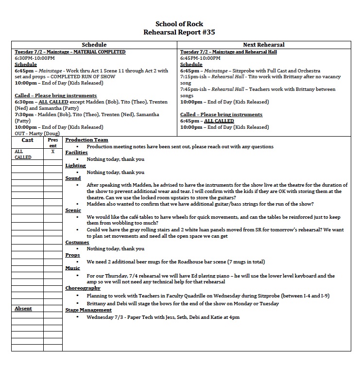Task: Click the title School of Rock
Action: tap(179, 24)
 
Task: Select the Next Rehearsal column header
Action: tap(264, 45)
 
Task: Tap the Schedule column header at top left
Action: tap(94, 45)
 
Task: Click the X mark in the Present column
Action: tap(52, 152)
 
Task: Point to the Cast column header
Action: tap(27, 140)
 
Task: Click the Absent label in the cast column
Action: tap(23, 309)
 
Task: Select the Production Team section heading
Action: tap(86, 140)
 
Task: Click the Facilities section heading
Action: tap(76, 153)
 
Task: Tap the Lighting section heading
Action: tap(75, 166)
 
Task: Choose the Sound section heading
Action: tap(73, 178)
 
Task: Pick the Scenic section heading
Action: tap(73, 210)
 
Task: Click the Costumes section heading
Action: tap(77, 243)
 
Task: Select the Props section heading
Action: tap(72, 255)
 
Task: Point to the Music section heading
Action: tap(73, 268)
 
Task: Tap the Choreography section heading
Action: tap(83, 288)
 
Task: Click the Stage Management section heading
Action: tap(88, 310)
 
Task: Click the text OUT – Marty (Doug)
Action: tap(34, 134)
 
